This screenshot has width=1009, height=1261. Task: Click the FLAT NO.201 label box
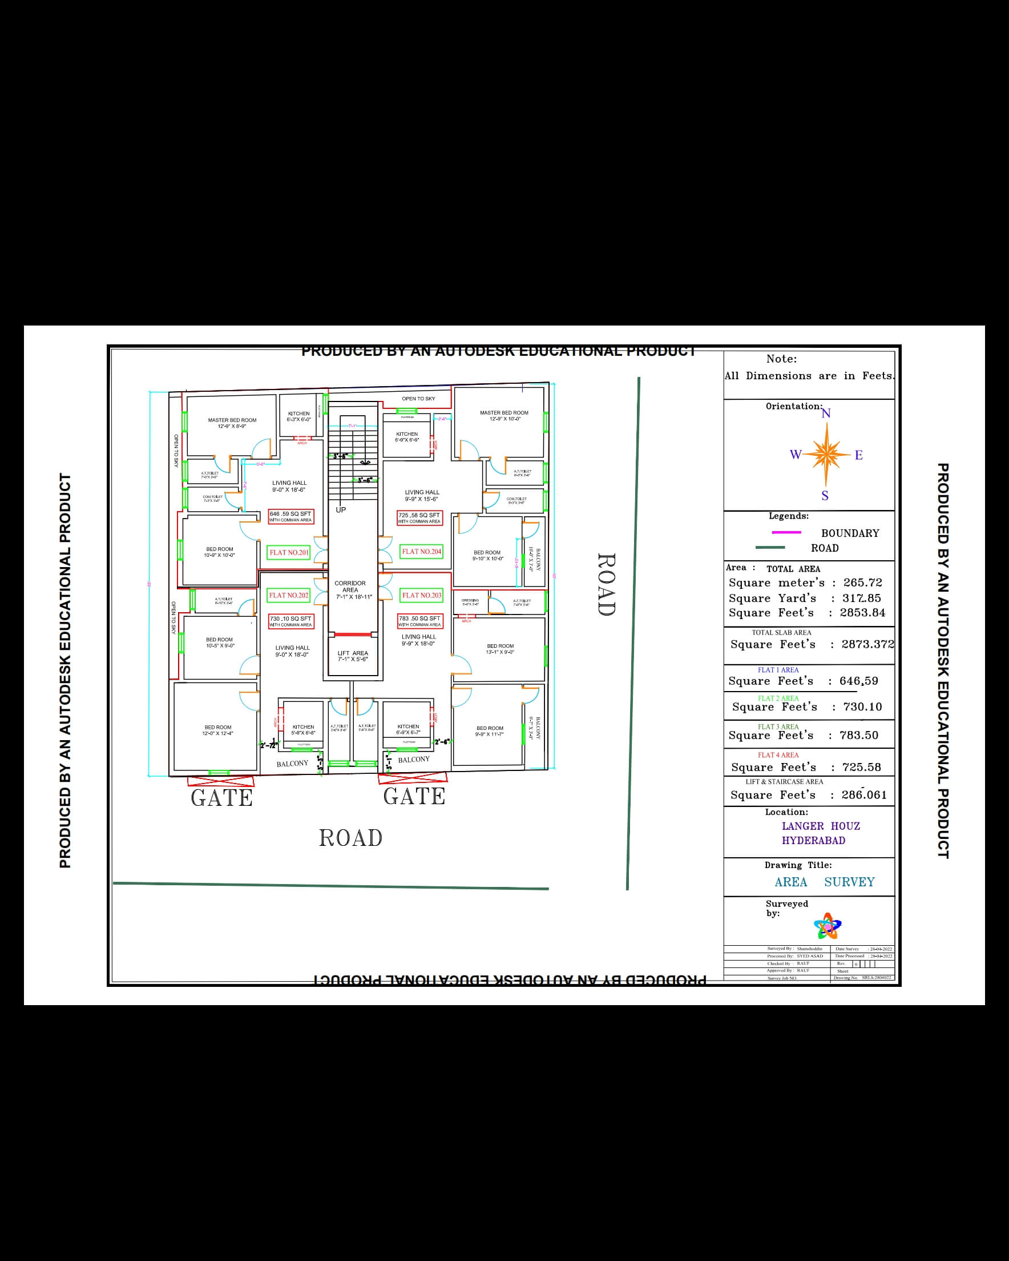[x=289, y=552]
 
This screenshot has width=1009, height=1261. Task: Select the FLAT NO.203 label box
[x=422, y=596]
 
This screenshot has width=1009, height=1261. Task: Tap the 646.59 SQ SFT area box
[x=290, y=516]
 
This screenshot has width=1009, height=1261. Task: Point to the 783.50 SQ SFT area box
[x=419, y=621]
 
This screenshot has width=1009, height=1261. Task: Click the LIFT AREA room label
[x=353, y=656]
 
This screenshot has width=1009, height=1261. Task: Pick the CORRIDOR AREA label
[x=350, y=589]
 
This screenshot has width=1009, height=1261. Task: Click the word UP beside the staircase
[x=341, y=510]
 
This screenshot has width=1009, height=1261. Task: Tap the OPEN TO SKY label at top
[x=418, y=399]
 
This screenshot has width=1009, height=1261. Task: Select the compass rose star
[x=826, y=454]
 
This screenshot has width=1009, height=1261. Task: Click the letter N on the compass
[x=826, y=413]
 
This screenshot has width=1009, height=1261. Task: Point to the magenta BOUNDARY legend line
[x=786, y=532]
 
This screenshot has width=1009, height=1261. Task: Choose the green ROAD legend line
[x=770, y=548]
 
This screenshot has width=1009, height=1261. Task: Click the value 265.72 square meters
[x=862, y=583]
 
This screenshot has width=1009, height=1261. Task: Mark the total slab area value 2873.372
[x=867, y=644]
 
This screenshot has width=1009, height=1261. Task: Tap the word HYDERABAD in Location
[x=813, y=841]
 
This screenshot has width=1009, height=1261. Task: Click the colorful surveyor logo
[x=827, y=926]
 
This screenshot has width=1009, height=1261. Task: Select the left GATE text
[x=221, y=798]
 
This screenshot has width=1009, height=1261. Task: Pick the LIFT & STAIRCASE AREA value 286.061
[x=864, y=795]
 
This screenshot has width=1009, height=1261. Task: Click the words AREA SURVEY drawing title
[x=824, y=882]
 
